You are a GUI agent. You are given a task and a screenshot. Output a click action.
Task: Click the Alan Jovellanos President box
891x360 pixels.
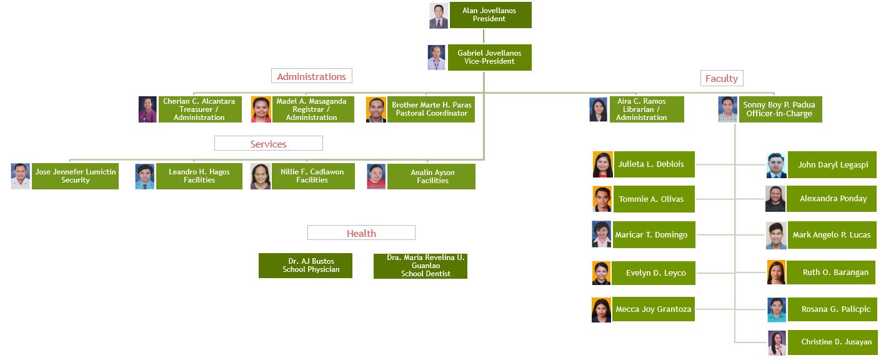(x=490, y=15)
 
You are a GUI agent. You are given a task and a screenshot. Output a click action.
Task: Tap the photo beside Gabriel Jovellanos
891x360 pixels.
(x=437, y=57)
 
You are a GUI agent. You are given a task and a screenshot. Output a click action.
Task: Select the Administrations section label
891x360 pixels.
(x=311, y=76)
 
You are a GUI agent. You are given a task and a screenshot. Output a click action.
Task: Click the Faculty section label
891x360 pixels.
(x=721, y=78)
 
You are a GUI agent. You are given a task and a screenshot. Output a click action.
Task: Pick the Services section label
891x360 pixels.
(x=268, y=144)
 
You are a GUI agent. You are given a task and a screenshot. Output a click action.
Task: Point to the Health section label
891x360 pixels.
(x=361, y=233)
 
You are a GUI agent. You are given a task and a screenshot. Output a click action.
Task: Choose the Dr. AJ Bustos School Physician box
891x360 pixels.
(x=306, y=266)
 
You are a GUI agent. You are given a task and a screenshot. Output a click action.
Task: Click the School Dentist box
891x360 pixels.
(x=421, y=266)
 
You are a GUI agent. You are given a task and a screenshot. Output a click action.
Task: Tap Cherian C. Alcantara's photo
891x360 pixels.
(x=147, y=109)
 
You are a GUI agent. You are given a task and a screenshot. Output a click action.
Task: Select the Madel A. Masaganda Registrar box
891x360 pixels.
(x=312, y=109)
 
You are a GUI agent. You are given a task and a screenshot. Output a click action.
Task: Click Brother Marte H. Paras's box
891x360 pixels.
(x=431, y=109)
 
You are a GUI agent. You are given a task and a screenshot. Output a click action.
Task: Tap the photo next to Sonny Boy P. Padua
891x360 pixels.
(x=727, y=109)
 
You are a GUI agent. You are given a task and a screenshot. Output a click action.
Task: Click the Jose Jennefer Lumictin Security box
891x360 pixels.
(x=75, y=176)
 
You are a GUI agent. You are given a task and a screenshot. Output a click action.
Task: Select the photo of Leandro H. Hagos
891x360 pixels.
(x=144, y=176)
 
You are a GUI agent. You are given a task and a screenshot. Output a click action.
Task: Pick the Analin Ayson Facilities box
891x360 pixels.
(x=432, y=176)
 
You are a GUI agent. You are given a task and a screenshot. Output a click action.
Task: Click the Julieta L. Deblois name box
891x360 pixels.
(x=654, y=164)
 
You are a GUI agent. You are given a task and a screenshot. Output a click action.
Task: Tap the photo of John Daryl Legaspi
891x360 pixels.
(x=776, y=165)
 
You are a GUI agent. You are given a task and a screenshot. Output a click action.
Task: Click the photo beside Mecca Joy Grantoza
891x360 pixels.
(x=601, y=310)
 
